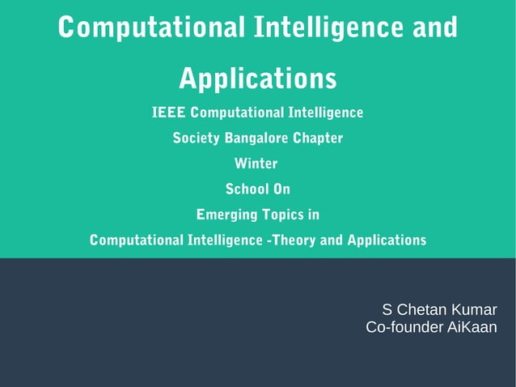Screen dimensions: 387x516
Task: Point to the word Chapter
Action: (318, 138)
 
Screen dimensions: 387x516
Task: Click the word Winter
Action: (256, 164)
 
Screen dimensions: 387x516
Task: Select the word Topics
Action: (281, 215)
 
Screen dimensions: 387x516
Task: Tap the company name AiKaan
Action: (472, 327)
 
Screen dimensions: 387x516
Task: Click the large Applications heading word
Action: (257, 79)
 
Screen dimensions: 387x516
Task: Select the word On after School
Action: (281, 189)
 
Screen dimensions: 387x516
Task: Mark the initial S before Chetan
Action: (387, 309)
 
